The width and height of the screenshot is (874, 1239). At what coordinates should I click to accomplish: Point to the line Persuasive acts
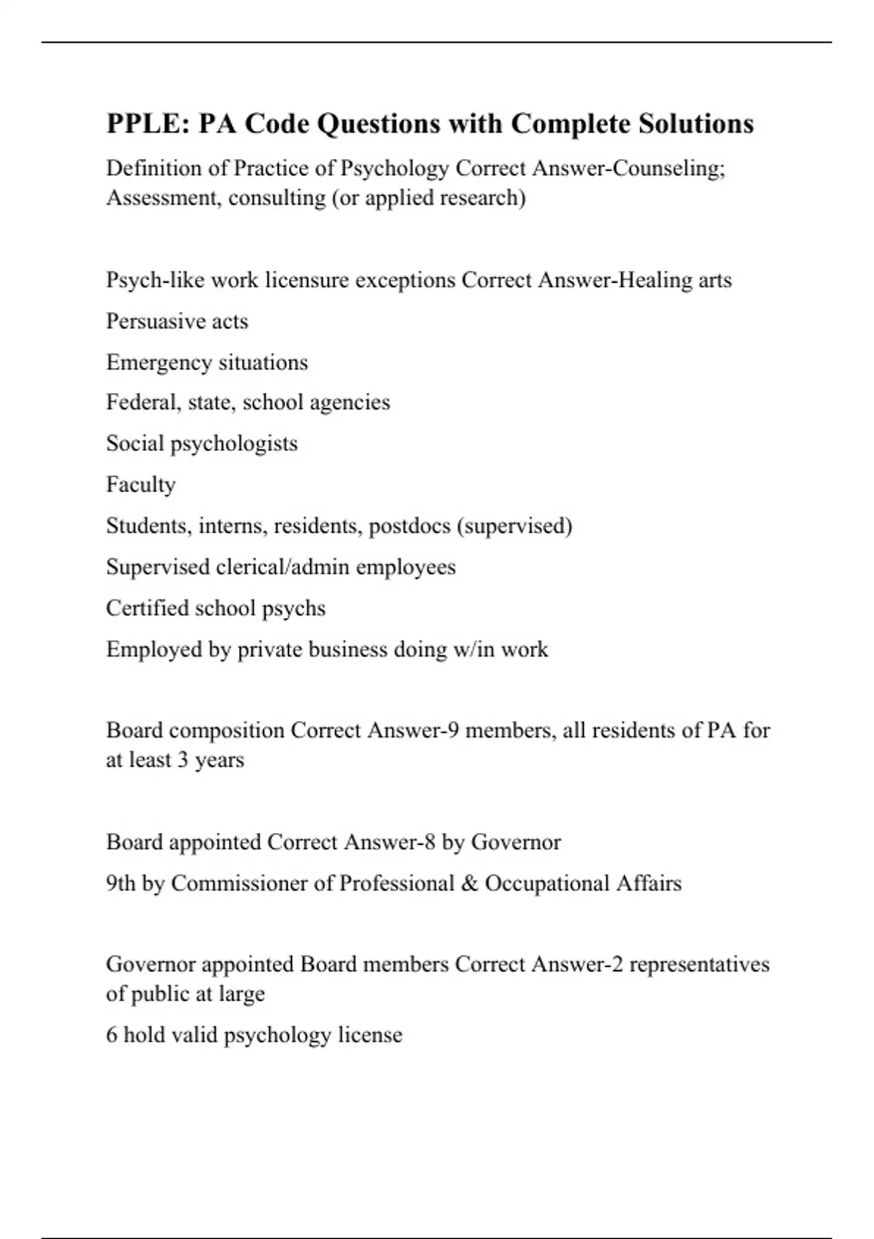point(177,321)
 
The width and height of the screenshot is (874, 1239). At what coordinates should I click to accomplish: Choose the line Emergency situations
point(207,362)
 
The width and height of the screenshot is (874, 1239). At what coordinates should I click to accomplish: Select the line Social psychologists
point(202,444)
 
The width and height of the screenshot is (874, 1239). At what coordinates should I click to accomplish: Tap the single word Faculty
point(141,485)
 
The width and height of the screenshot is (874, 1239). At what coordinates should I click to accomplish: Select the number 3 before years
point(182,760)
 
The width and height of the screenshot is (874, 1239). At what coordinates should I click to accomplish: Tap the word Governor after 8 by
point(516,843)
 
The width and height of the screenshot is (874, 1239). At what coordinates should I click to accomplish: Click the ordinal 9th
point(120,883)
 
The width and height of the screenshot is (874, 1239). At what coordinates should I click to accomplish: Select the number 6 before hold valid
point(111,1035)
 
